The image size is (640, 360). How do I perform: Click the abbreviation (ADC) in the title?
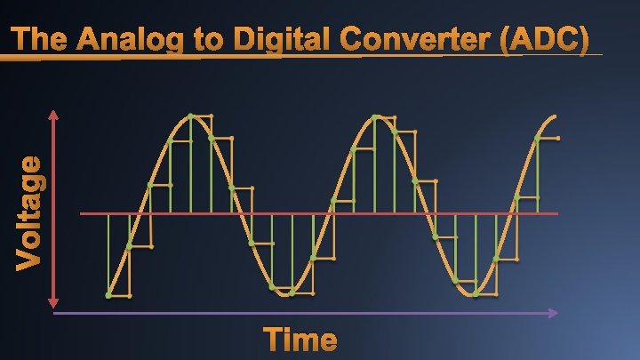546,41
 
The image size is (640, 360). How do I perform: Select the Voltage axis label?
30,212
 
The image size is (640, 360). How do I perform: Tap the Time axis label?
300,340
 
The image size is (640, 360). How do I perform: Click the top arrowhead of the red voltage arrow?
55,114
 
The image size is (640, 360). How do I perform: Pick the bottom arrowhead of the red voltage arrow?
55,303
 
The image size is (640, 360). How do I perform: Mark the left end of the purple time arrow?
55,313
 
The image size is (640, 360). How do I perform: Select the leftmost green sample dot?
108,294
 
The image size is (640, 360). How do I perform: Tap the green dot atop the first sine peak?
191,116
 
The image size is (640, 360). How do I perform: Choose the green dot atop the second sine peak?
375,116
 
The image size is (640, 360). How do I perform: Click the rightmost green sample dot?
537,139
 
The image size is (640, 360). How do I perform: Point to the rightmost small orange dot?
558,139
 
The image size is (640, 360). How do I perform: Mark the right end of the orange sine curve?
557,116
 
